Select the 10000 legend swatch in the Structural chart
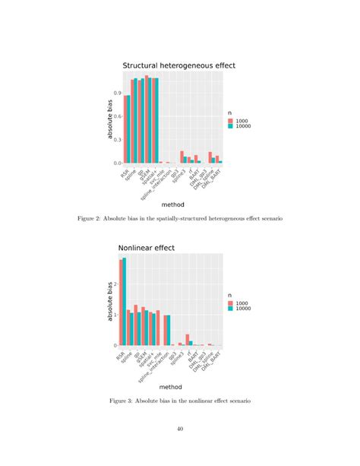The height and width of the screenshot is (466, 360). click(231, 126)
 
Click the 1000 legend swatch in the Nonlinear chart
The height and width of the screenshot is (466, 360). click(231, 303)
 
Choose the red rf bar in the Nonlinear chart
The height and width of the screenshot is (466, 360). click(188, 340)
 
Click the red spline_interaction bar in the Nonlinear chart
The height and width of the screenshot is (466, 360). click(166, 330)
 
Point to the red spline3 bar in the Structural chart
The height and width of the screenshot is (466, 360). click(182, 157)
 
